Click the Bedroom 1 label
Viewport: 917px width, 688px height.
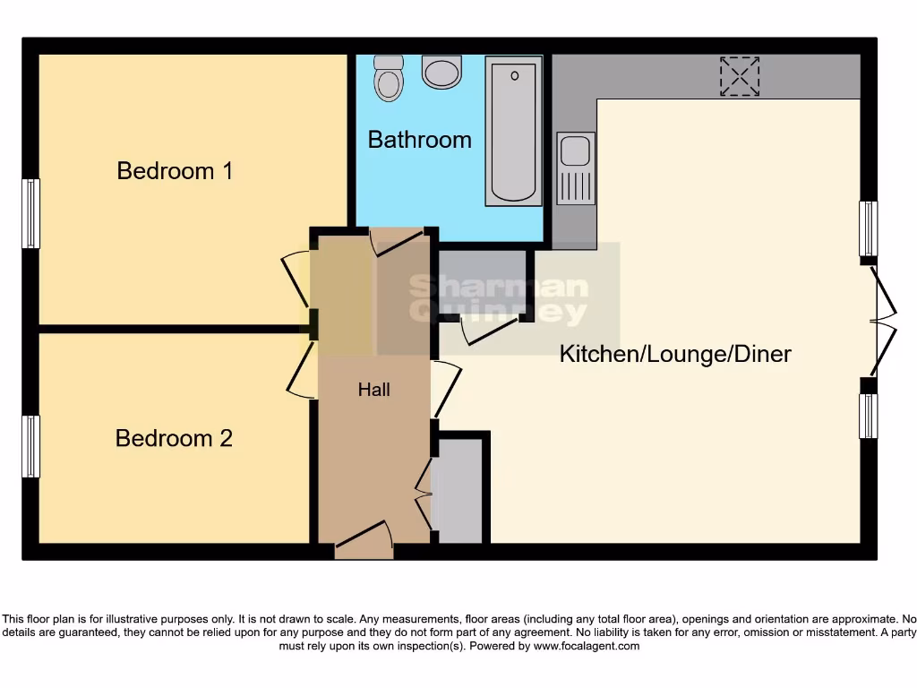tap(175, 170)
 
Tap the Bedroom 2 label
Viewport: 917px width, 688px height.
tap(174, 438)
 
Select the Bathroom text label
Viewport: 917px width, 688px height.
tap(419, 140)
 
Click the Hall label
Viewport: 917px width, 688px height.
tap(374, 390)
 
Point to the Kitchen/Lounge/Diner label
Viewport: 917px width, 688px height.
tap(675, 354)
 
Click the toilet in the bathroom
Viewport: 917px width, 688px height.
tap(389, 78)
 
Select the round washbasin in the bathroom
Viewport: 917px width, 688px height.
tap(441, 71)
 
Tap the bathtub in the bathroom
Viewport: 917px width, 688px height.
tap(513, 129)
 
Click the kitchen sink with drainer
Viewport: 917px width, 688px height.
tap(575, 168)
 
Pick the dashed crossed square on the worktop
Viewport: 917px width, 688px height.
tap(740, 76)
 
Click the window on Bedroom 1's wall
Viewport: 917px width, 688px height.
tap(31, 213)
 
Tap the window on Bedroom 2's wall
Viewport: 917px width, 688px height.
tap(31, 446)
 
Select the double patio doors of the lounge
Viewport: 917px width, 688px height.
tap(881, 321)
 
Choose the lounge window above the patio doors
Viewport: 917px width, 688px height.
tap(868, 228)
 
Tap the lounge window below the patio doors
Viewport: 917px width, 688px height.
tap(868, 416)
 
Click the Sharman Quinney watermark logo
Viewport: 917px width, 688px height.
tap(498, 299)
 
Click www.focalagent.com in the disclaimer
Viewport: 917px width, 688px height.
tap(586, 646)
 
